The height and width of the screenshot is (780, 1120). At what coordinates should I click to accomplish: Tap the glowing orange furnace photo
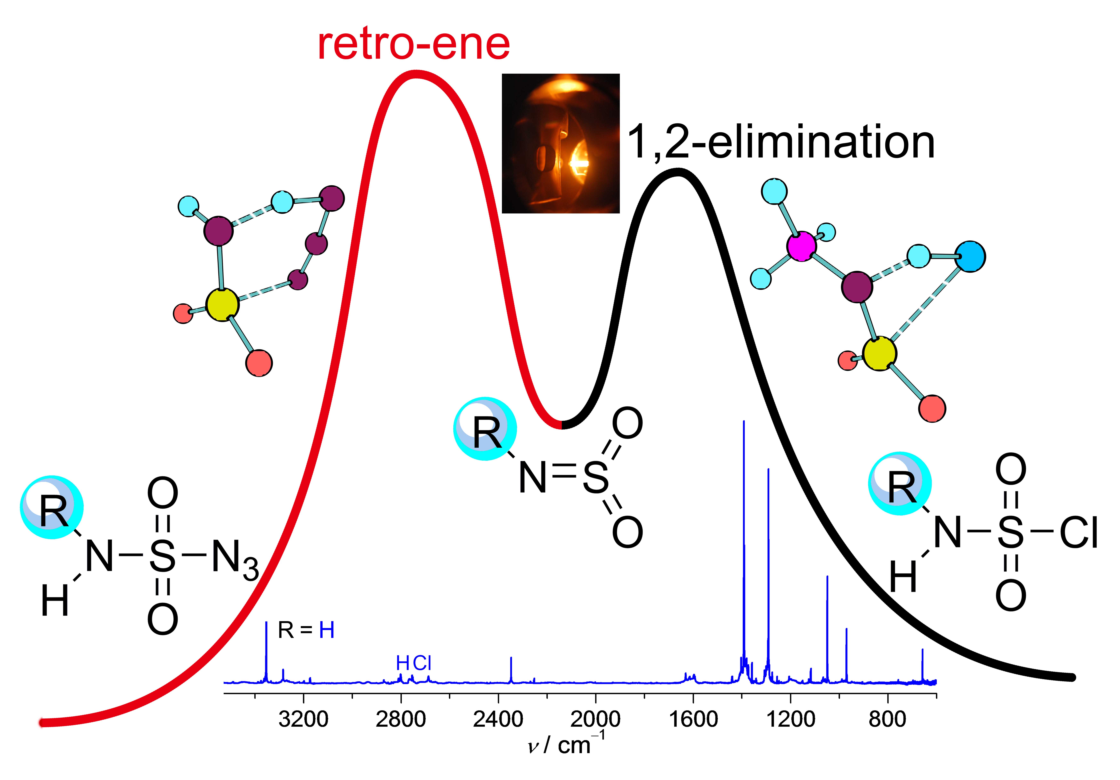click(x=560, y=143)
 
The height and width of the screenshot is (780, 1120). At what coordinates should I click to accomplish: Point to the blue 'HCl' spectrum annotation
click(x=414, y=663)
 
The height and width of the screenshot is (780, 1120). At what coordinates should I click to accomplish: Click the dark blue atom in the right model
click(x=970, y=256)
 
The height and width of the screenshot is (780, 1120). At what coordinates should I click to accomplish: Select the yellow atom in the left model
click(x=222, y=305)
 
